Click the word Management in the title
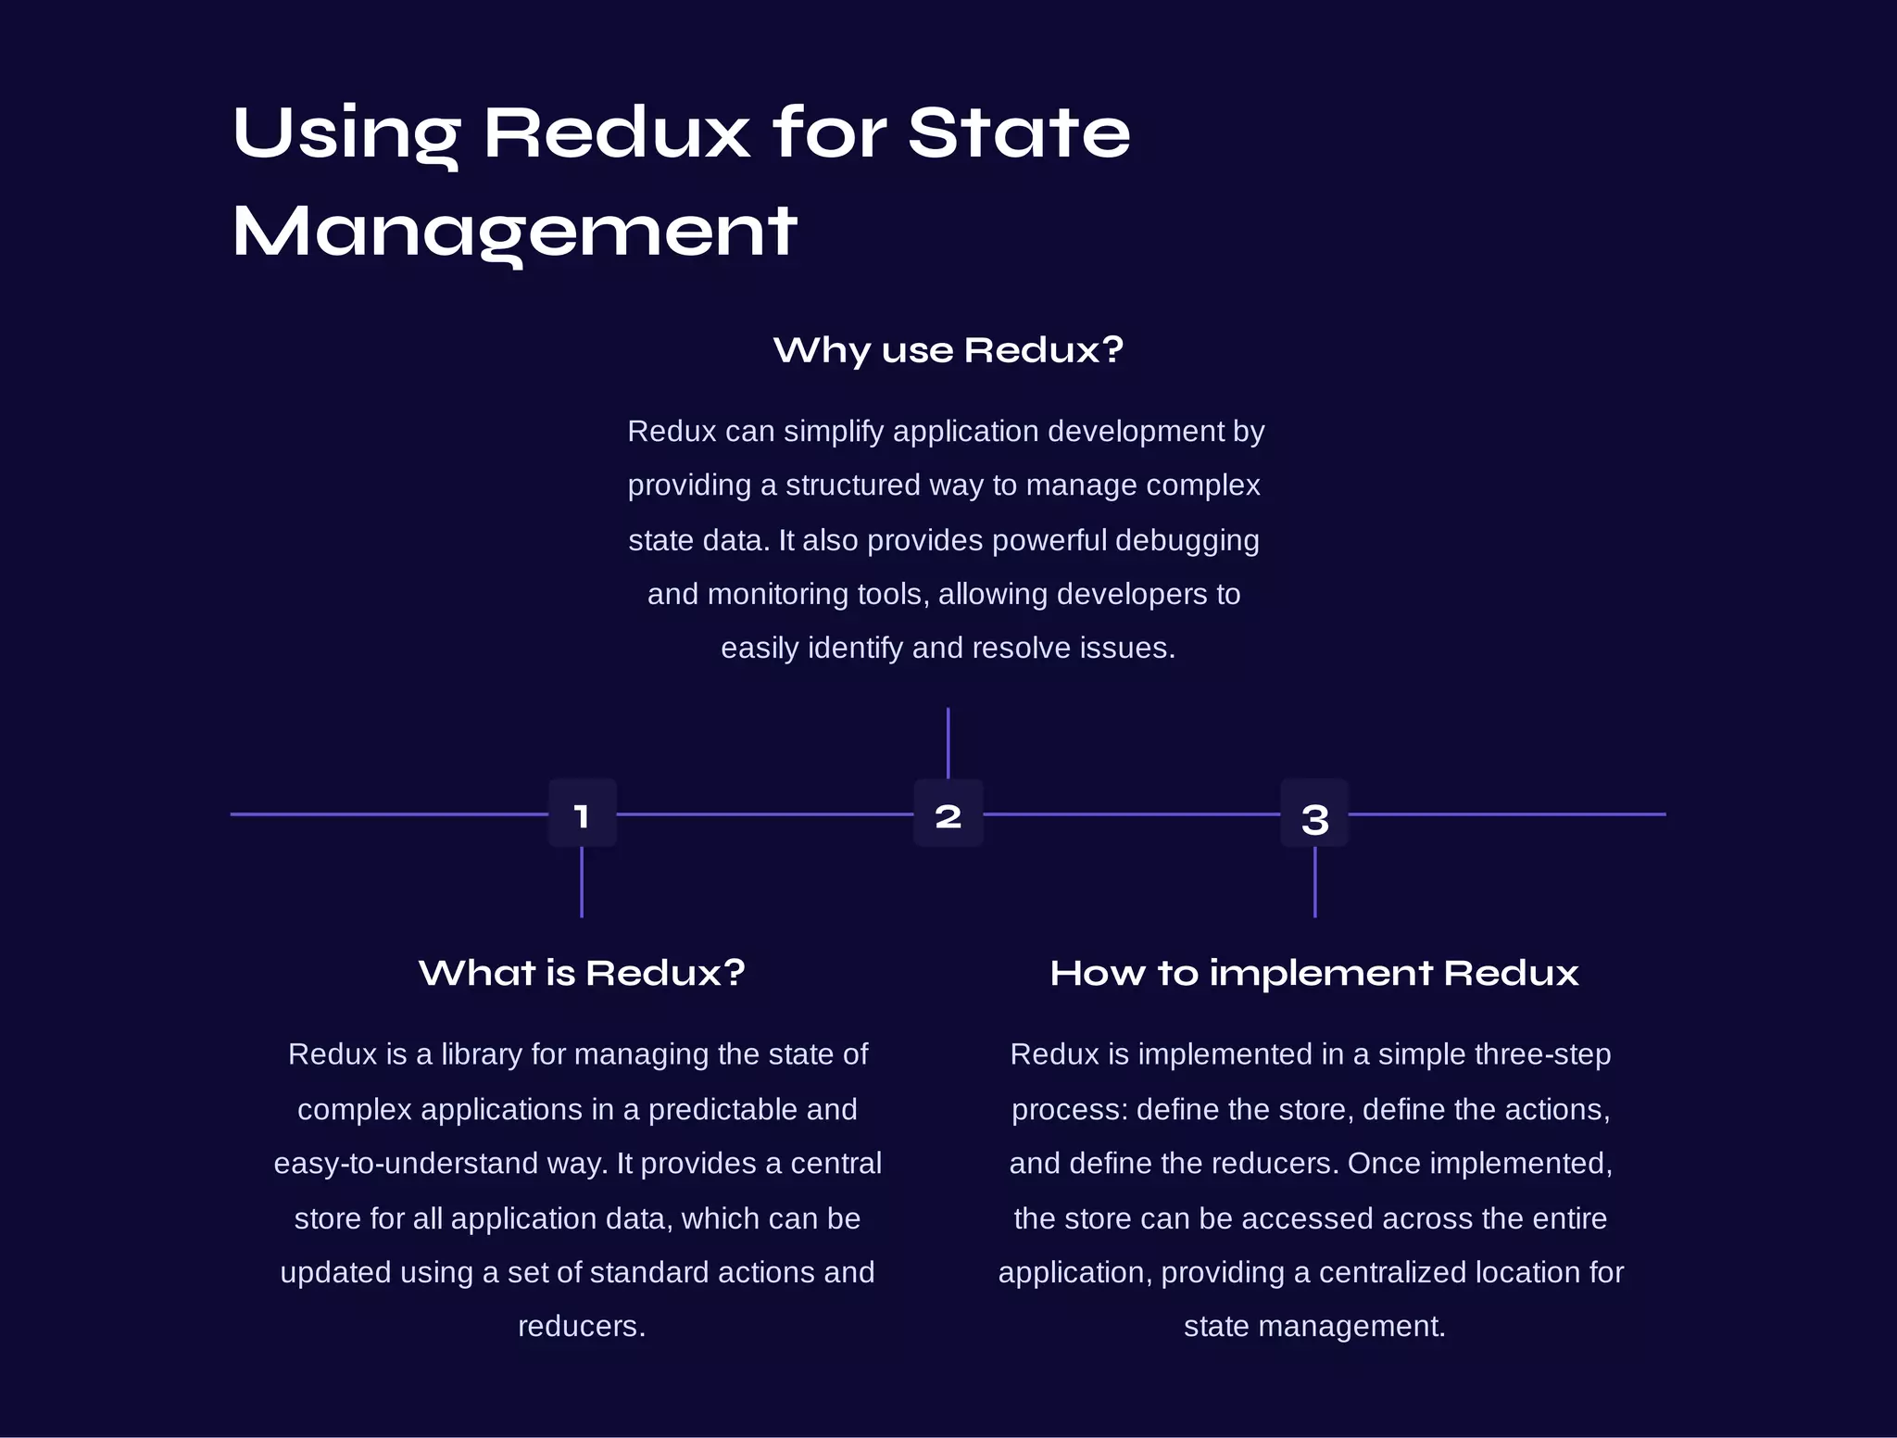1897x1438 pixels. pos(515,232)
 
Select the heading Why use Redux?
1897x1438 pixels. pos(948,350)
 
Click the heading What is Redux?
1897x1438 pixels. pos(582,973)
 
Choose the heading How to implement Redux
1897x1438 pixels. pos(1314,973)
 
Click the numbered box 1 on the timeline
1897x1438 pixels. pos(582,814)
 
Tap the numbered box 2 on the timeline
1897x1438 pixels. pos(948,814)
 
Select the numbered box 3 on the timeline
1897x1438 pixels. pos(1314,814)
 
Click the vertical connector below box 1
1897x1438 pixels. pos(582,882)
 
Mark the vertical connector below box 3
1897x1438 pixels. pos(1314,882)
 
